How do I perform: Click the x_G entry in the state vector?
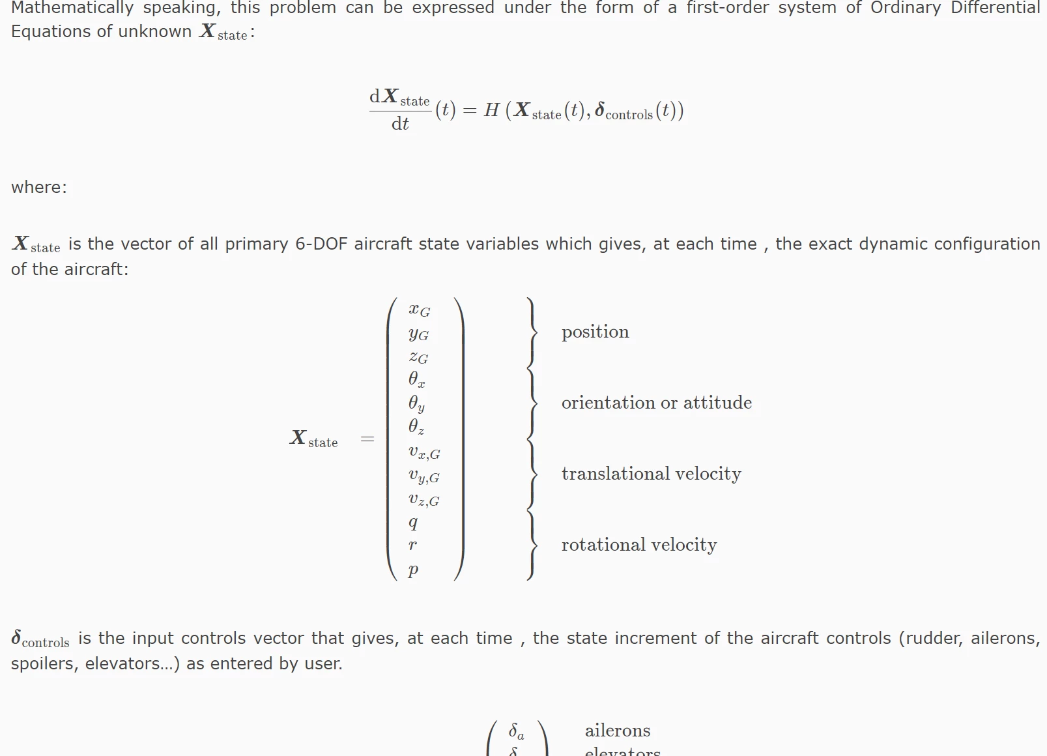419,310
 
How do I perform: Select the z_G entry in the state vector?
418,357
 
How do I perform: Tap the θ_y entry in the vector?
416,404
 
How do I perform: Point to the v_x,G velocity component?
424,452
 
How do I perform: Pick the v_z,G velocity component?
423,500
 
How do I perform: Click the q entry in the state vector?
413,522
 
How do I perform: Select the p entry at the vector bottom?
413,570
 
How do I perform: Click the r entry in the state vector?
412,545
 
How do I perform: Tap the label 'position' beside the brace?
595,332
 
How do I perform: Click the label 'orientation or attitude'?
656,403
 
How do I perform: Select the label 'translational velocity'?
651,474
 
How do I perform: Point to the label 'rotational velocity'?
638,545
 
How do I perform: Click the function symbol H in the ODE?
491,111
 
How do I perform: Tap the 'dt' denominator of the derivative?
399,124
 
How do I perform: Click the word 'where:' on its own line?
38,188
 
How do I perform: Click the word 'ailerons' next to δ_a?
617,731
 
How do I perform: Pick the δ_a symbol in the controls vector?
516,731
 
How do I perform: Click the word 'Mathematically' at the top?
72,8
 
